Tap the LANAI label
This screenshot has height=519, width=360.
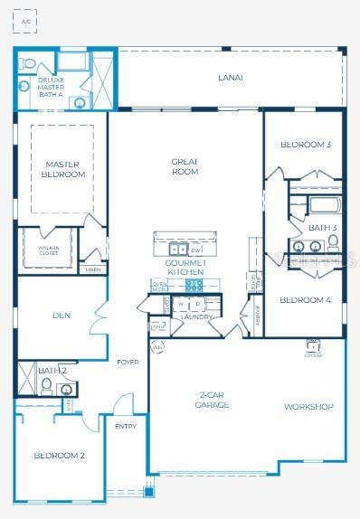[230, 78]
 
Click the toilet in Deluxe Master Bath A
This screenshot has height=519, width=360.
[28, 65]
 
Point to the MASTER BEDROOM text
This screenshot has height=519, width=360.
[63, 169]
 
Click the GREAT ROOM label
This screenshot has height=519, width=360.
[185, 166]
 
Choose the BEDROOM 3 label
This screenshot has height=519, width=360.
[305, 145]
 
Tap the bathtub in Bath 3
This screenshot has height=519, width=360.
[322, 204]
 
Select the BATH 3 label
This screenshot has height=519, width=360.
[322, 227]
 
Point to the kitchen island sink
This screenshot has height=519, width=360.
[178, 249]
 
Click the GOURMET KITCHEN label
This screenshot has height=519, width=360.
[185, 267]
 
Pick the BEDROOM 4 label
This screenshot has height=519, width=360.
[305, 299]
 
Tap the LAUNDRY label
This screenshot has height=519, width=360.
[196, 317]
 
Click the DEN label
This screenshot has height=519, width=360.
[62, 316]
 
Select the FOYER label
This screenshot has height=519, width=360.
[128, 362]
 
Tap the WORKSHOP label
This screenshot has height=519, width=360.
[308, 407]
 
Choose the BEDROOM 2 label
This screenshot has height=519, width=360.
[59, 456]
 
